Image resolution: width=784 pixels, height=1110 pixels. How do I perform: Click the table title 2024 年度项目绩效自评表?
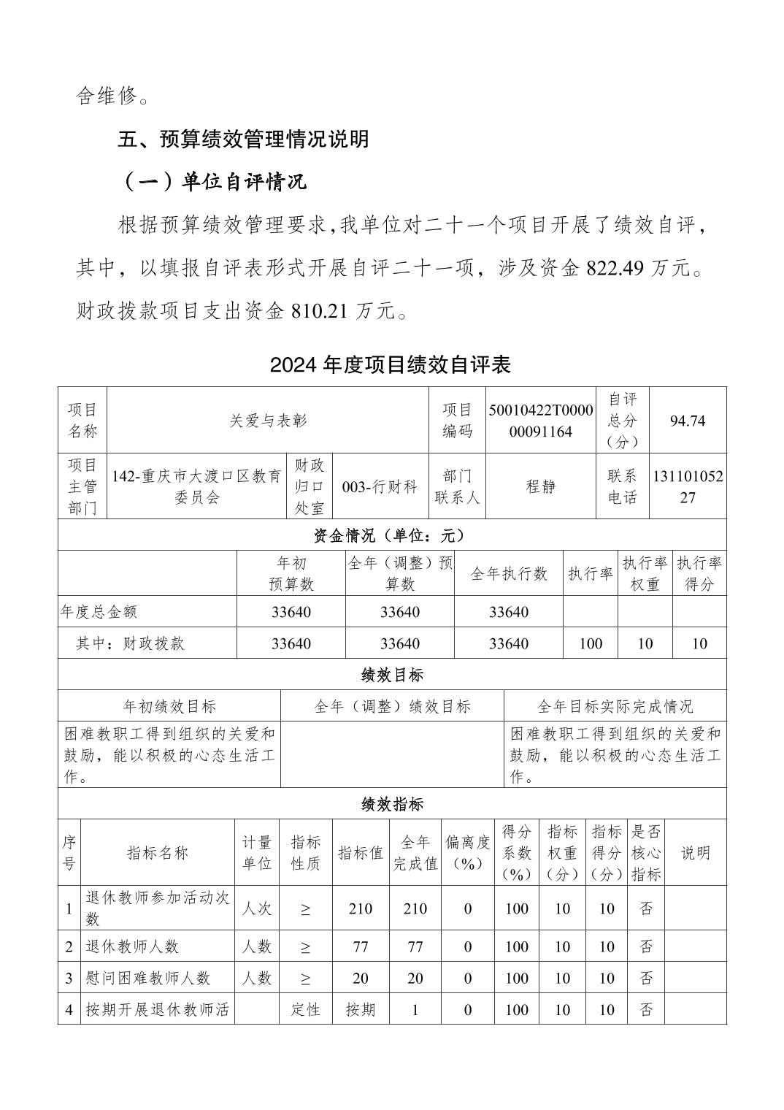[x=391, y=364]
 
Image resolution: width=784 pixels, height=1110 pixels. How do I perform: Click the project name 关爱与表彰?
[x=268, y=421]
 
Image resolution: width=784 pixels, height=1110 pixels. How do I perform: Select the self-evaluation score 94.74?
[x=687, y=421]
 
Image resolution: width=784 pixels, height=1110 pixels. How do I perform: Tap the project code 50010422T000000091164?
[x=541, y=421]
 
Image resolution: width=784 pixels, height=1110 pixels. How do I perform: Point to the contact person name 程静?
[x=541, y=487]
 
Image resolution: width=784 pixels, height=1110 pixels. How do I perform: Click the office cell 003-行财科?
[x=380, y=487]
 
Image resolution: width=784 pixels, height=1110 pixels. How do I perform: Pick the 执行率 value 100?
[x=590, y=643]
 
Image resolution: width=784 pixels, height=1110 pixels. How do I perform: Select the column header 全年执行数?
[x=508, y=574]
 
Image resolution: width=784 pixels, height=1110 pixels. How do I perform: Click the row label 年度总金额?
[x=99, y=612]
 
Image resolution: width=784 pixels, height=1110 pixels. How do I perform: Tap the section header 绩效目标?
[x=392, y=675]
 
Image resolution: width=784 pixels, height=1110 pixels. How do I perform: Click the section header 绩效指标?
[x=392, y=805]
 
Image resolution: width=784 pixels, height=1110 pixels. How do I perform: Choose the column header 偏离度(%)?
[x=467, y=852]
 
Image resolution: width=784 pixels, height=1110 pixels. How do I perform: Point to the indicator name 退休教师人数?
[x=132, y=946]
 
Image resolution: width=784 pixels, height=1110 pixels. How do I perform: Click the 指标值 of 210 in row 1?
[x=360, y=908]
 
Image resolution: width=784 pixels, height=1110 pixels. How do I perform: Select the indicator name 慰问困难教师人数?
[x=148, y=978]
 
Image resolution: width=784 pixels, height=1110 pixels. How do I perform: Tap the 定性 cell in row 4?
[x=305, y=1010]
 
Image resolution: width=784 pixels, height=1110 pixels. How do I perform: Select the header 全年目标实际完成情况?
[x=615, y=706]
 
